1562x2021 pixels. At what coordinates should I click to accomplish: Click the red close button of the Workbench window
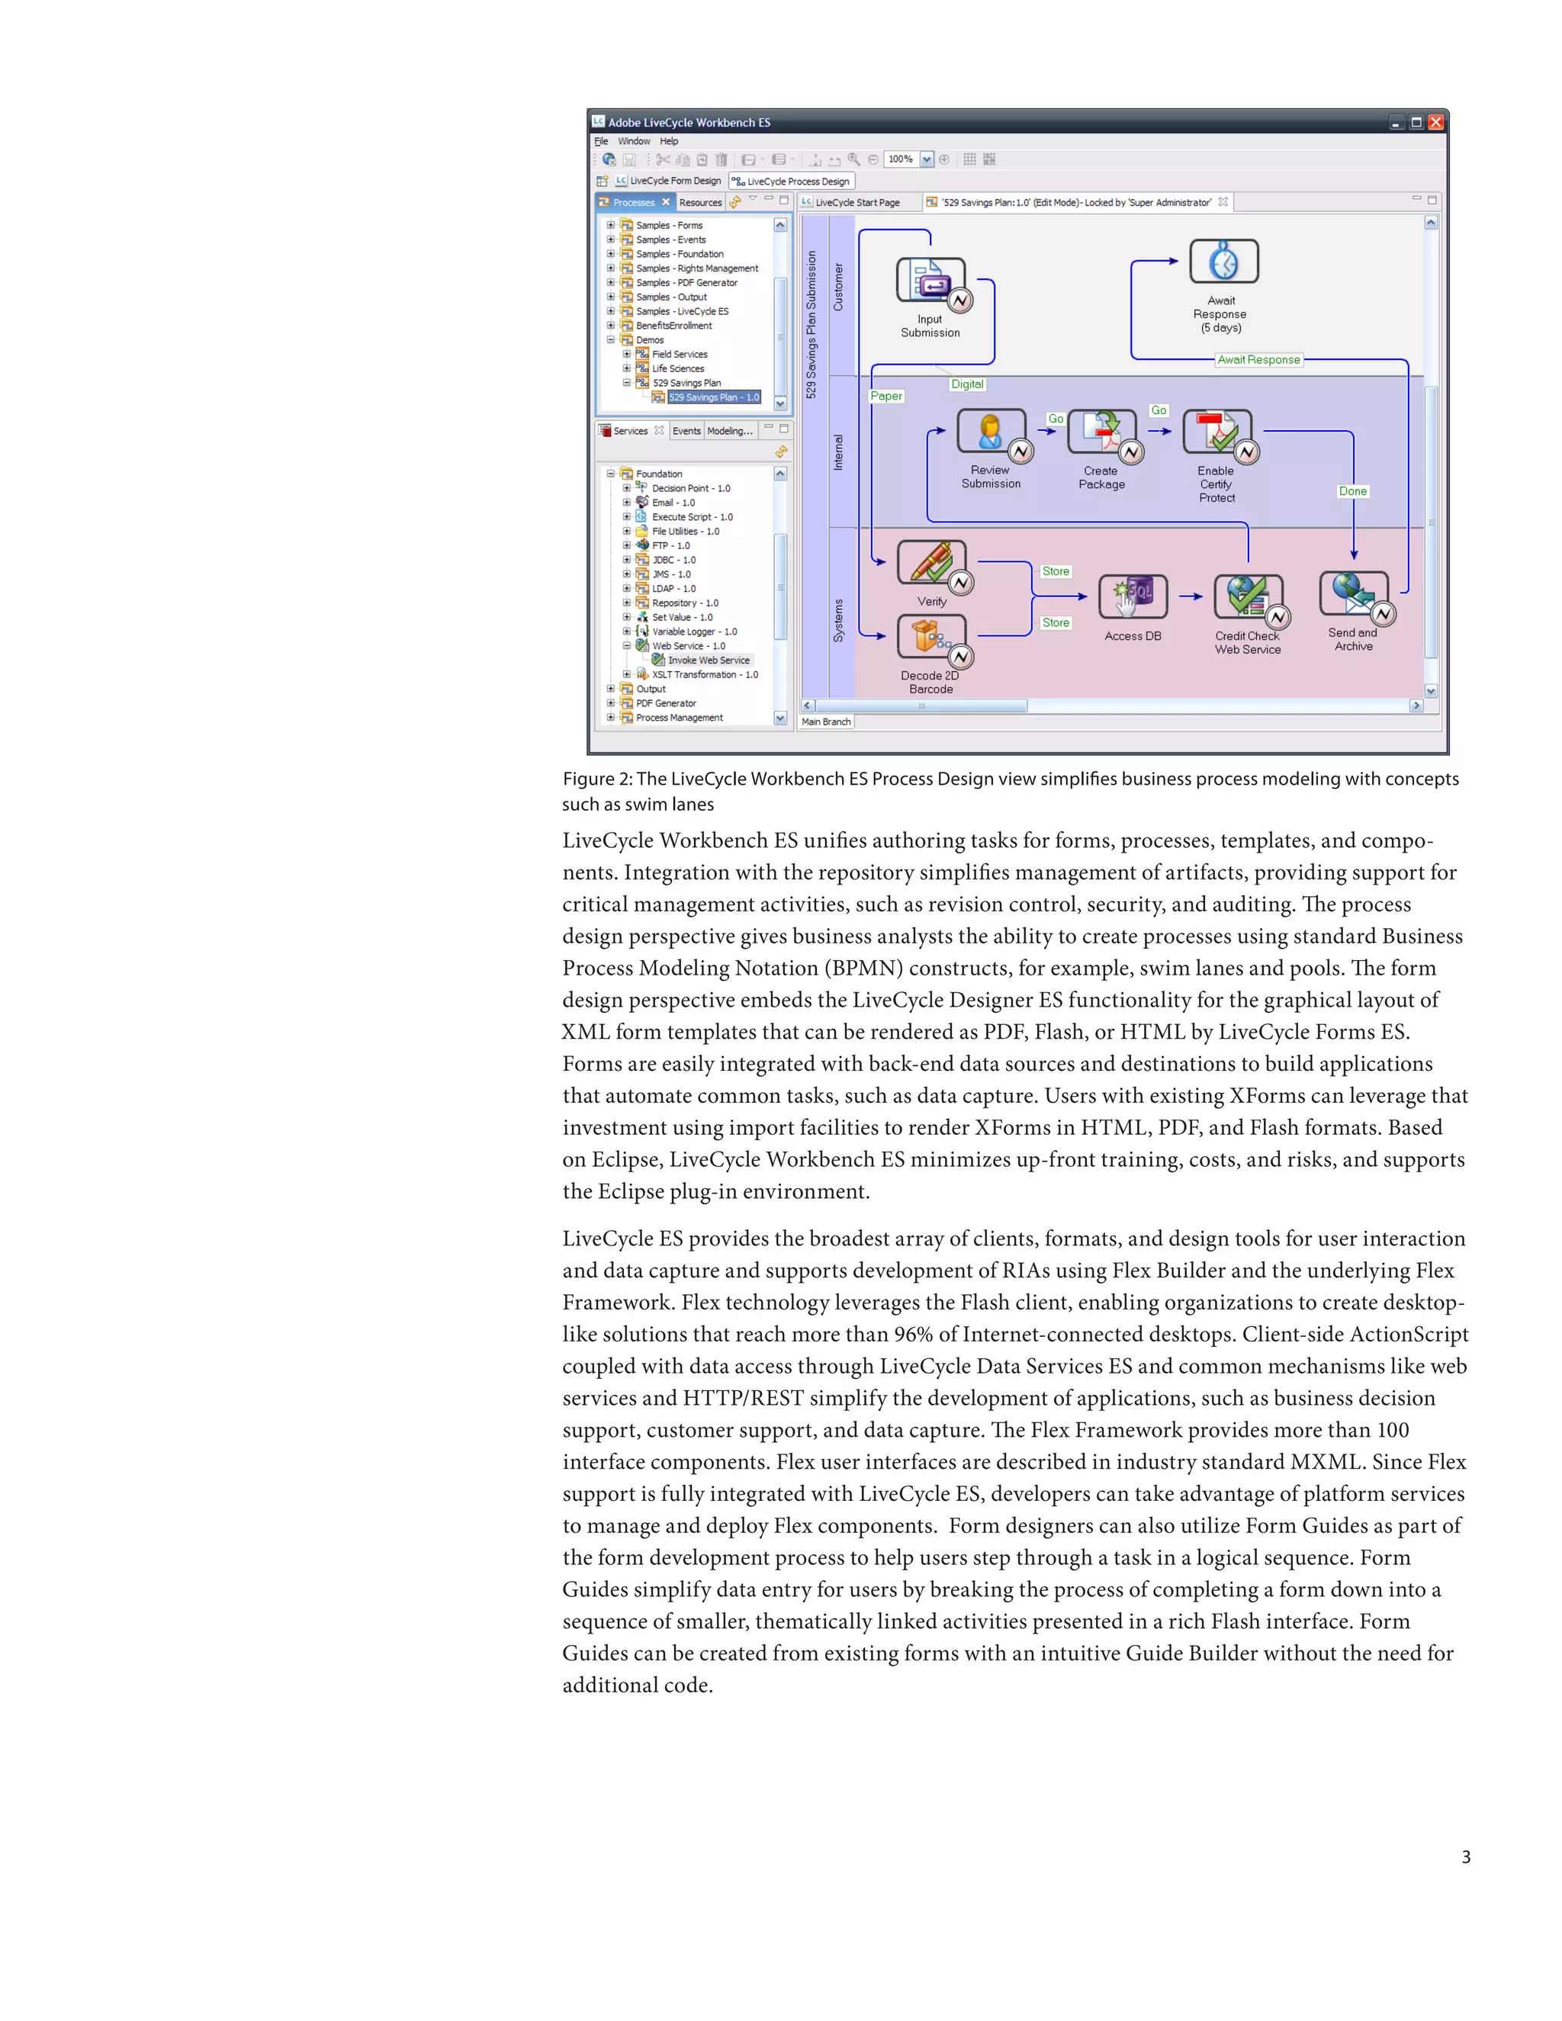click(x=1435, y=122)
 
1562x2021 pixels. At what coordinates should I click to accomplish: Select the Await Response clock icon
click(x=1223, y=262)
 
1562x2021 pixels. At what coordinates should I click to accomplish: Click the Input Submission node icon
click(x=930, y=281)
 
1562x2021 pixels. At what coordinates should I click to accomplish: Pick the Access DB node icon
click(x=1133, y=597)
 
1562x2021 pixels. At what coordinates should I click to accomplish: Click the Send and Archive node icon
click(x=1353, y=594)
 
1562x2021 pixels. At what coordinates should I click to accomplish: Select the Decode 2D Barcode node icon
click(x=930, y=638)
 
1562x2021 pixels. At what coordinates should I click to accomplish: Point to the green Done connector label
click(x=1352, y=491)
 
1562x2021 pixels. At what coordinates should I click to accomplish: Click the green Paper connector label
click(x=885, y=396)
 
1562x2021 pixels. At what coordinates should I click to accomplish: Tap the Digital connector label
click(x=967, y=384)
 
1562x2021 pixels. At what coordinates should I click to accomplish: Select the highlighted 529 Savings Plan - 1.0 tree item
click(x=712, y=398)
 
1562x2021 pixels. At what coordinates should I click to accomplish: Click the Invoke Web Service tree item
click(x=708, y=660)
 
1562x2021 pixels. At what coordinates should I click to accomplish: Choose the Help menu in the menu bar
click(x=668, y=142)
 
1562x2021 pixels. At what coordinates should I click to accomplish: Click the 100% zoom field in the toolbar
click(x=902, y=159)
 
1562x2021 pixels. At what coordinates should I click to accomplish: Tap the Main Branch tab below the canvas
click(x=825, y=721)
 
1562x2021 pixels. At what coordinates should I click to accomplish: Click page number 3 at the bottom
click(x=1466, y=1857)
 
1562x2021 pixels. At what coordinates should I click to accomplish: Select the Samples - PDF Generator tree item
click(x=686, y=283)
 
